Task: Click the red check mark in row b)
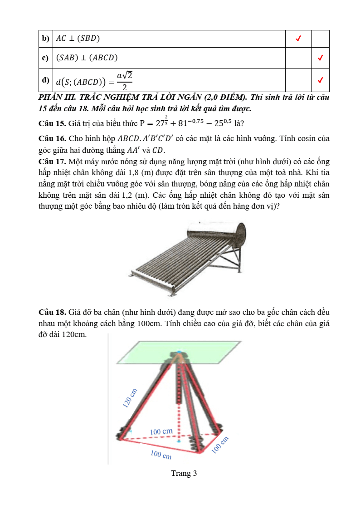(298, 39)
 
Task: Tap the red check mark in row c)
(320, 58)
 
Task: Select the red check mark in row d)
(320, 80)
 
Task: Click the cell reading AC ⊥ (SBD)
(78, 39)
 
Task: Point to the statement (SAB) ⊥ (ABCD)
(87, 58)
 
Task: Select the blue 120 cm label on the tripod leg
(130, 398)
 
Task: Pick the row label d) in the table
(45, 80)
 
